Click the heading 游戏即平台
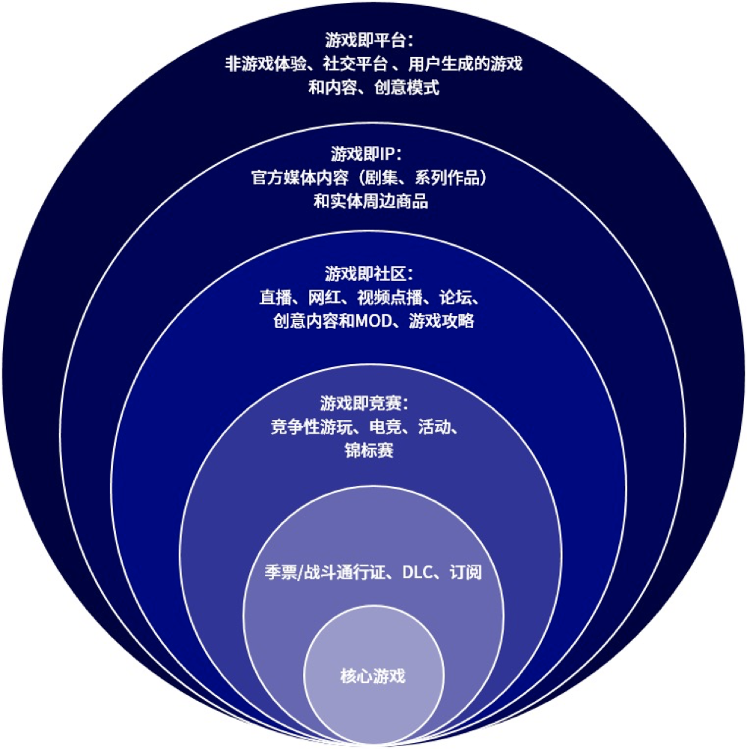(365, 40)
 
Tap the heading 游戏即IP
(362, 154)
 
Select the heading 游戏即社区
(365, 273)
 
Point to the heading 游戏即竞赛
(361, 403)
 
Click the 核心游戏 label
(373, 676)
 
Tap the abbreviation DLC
(417, 571)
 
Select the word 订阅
(466, 571)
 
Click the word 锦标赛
(369, 450)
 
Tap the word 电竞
(385, 427)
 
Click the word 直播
(275, 297)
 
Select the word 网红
(325, 297)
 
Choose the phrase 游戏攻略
(442, 321)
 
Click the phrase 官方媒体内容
(299, 178)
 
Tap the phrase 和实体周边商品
(371, 201)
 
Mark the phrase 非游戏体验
(266, 64)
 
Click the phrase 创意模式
(406, 88)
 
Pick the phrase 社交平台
(355, 64)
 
